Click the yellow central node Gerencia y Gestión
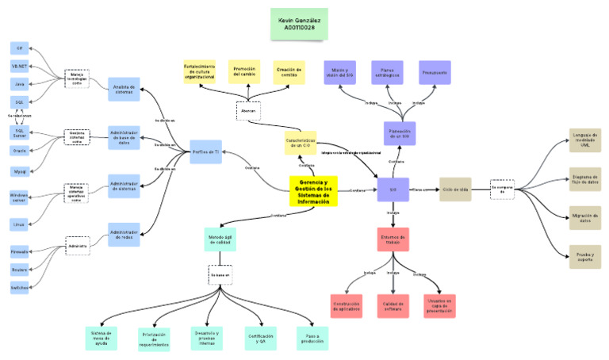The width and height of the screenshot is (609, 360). point(313,191)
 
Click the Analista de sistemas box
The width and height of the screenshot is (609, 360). point(124,89)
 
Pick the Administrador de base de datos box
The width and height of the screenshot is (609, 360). point(124,136)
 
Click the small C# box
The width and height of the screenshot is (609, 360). point(19,48)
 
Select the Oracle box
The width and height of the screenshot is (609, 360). point(19,150)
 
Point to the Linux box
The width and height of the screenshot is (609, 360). point(19,224)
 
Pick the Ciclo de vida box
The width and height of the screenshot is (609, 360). point(455,190)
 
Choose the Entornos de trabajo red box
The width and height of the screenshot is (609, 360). point(393,239)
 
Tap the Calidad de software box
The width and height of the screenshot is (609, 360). point(393,305)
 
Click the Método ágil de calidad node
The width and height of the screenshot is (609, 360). point(220,239)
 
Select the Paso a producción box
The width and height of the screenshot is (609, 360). point(312,338)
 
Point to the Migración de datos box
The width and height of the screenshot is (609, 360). point(584,216)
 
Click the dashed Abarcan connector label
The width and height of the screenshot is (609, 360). point(248,111)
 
